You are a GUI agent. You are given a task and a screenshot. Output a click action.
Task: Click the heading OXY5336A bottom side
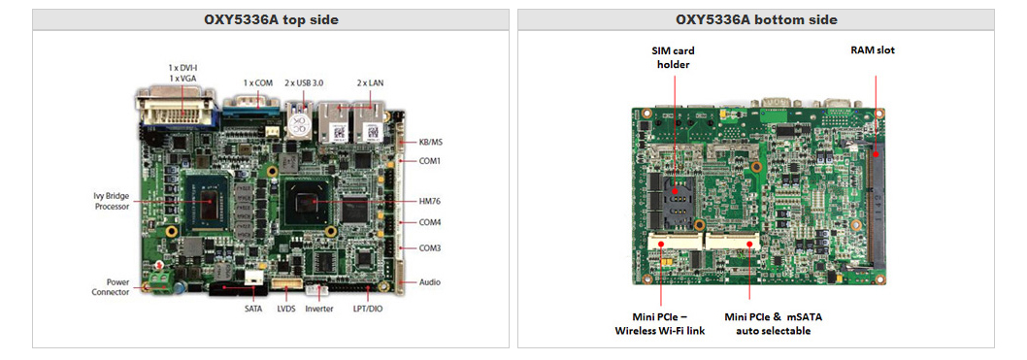(x=756, y=20)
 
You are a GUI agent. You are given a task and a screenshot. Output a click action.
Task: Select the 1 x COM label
(x=259, y=83)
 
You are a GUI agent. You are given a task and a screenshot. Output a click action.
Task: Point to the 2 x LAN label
(x=370, y=83)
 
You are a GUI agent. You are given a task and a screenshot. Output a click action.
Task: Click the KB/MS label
(x=430, y=142)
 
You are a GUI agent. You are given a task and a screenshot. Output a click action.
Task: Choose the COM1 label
(x=430, y=161)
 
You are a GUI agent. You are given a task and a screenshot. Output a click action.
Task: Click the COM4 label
(x=430, y=222)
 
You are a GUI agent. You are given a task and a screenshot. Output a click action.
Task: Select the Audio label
(x=429, y=282)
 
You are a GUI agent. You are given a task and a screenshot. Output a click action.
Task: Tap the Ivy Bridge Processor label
(x=112, y=201)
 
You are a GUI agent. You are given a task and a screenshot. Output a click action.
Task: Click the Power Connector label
(x=111, y=286)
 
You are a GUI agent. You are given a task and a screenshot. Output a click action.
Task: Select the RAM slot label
(x=872, y=49)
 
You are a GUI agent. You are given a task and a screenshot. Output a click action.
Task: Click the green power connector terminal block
(x=160, y=283)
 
